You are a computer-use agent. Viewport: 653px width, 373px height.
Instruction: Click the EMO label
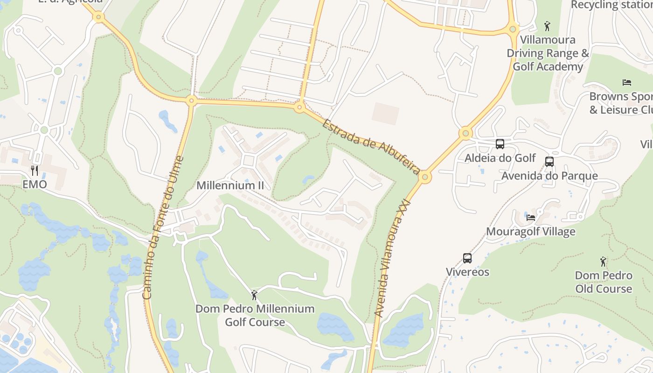click(x=35, y=184)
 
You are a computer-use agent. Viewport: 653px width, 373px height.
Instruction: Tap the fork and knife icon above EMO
click(x=35, y=170)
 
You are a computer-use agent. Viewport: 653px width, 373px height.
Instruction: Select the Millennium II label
click(x=230, y=185)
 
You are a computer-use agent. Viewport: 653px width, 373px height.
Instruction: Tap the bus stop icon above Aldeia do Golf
click(x=500, y=144)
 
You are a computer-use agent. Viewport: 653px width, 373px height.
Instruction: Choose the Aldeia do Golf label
click(x=500, y=158)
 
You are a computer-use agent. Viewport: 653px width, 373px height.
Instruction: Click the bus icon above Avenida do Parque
click(x=549, y=162)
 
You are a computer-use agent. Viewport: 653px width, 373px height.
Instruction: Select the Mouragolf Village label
click(x=530, y=231)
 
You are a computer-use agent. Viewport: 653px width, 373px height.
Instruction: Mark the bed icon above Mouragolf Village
click(x=531, y=217)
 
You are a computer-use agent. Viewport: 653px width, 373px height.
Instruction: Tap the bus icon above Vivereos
click(x=467, y=258)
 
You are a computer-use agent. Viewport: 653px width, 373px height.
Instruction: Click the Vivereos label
click(x=467, y=272)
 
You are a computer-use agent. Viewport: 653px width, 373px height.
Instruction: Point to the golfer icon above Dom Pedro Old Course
click(x=604, y=262)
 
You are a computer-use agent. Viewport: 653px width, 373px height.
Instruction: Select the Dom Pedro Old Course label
click(x=604, y=282)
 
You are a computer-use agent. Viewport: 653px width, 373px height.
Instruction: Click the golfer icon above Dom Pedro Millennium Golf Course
click(x=254, y=295)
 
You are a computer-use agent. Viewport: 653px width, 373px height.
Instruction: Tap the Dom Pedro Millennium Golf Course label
click(x=255, y=315)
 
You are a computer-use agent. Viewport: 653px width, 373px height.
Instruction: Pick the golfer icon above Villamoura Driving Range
click(x=548, y=26)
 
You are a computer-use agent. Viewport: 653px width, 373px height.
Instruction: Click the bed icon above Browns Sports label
click(x=627, y=83)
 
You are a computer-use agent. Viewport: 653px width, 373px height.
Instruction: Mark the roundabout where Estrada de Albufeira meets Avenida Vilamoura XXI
click(x=424, y=177)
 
